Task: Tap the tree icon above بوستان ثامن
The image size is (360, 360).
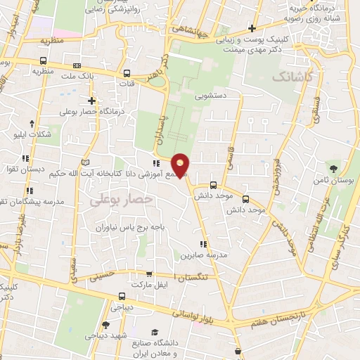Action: [x=333, y=167]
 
